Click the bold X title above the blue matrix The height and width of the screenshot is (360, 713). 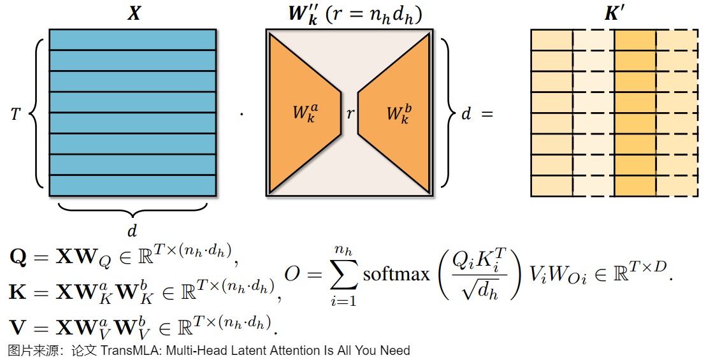(133, 14)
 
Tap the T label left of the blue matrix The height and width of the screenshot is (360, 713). (15, 114)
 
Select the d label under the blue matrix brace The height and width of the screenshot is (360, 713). (132, 229)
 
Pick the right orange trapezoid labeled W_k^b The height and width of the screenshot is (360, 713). (395, 113)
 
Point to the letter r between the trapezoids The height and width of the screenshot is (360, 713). (350, 114)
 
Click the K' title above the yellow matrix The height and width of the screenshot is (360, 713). (614, 14)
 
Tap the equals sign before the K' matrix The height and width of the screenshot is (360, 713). (487, 115)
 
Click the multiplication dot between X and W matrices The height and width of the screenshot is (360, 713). (241, 115)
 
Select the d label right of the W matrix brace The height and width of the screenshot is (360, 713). (466, 115)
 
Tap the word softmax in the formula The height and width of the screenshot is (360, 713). (396, 275)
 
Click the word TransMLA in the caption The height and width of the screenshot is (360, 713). (126, 350)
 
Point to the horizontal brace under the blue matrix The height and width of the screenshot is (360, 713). (132, 209)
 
